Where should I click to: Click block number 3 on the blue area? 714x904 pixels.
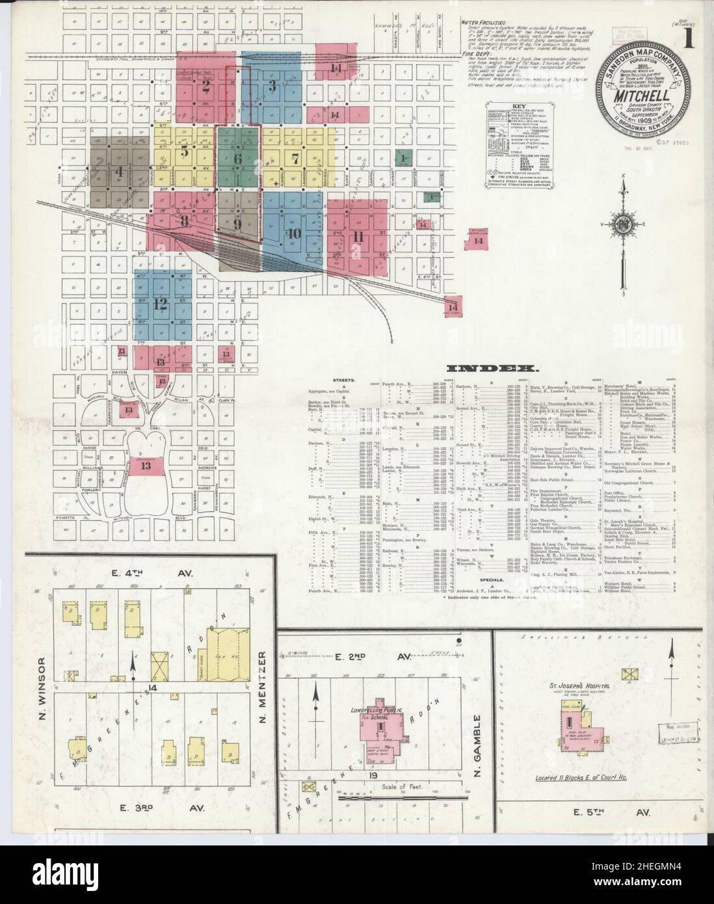pyautogui.click(x=273, y=85)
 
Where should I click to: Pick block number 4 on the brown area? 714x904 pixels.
pyautogui.click(x=119, y=172)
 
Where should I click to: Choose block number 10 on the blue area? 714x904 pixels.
pyautogui.click(x=294, y=233)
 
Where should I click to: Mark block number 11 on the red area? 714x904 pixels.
pyautogui.click(x=357, y=236)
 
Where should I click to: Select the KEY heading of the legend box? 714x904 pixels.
pyautogui.click(x=519, y=105)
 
